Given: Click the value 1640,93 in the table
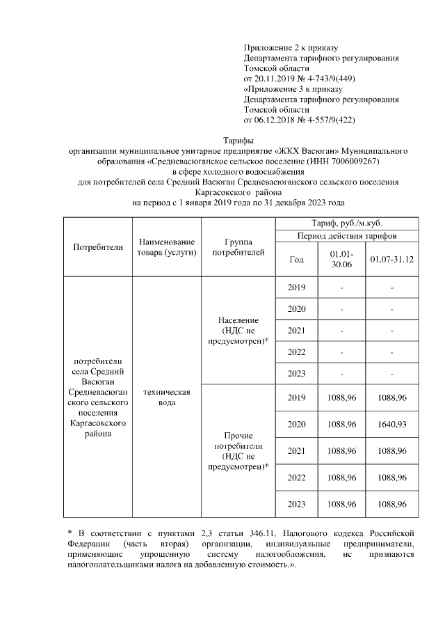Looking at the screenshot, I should (392, 424).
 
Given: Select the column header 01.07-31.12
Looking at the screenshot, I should (392, 259).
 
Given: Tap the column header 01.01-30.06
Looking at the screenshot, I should (341, 259).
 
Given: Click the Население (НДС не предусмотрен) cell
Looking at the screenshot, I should (238, 329).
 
